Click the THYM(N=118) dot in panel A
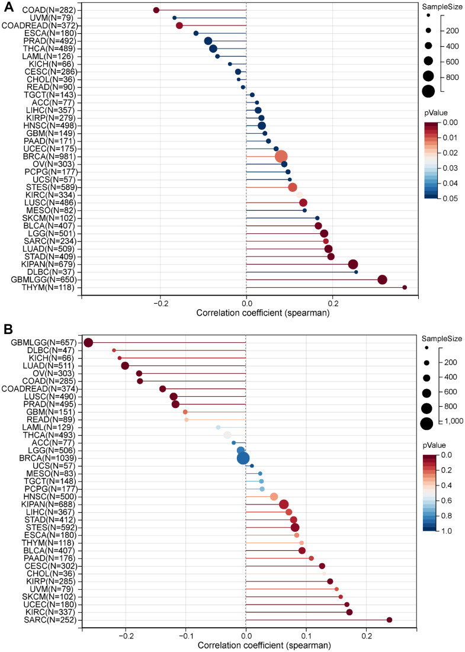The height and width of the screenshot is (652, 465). pyautogui.click(x=405, y=288)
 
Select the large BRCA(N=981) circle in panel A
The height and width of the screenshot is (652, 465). pyautogui.click(x=281, y=156)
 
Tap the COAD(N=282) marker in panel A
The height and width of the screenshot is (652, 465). pyautogui.click(x=156, y=10)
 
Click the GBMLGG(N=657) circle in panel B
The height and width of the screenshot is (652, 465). pyautogui.click(x=89, y=343)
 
